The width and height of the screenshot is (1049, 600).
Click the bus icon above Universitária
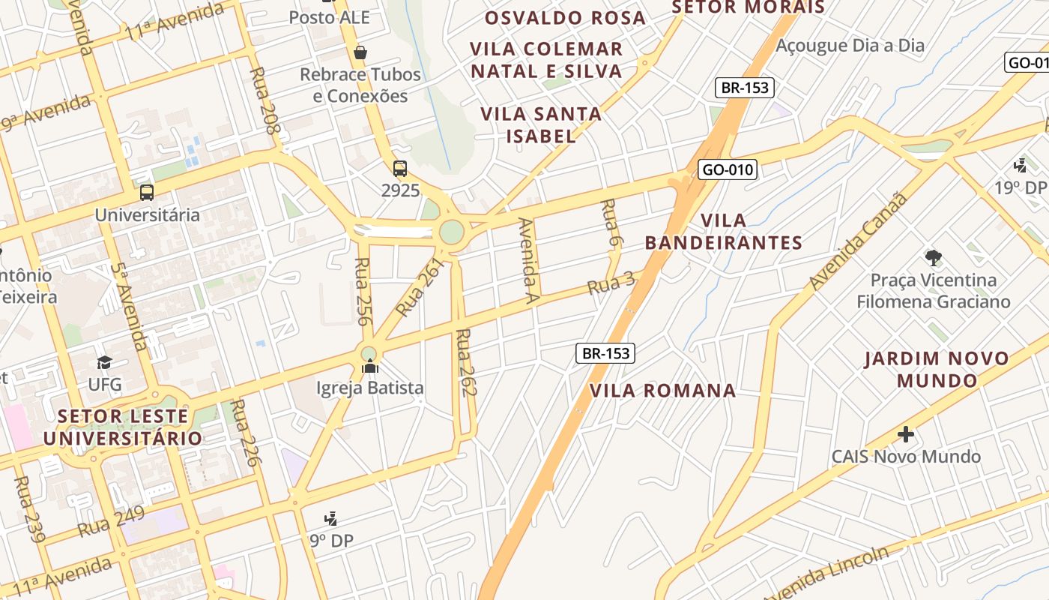coord(147,193)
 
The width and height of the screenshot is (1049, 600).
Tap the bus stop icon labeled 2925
coord(400,169)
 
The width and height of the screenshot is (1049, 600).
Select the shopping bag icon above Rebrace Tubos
coord(360,52)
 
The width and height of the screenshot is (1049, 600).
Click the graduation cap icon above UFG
coord(104,363)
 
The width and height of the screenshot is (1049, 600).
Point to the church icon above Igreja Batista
coord(370,366)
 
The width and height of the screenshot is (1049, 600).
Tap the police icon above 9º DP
coord(330,518)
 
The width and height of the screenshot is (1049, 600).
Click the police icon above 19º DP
coord(1020,165)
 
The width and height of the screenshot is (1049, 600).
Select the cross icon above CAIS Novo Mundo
coord(906,434)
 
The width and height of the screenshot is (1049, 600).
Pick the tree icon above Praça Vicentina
coord(933,258)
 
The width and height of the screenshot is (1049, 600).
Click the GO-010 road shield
coord(728,169)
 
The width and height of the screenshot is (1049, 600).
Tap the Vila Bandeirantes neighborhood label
coord(724,232)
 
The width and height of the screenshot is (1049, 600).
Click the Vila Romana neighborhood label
coord(662,391)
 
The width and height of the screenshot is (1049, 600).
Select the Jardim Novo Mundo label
coord(937,369)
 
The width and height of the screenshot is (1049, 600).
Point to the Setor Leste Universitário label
coord(123,427)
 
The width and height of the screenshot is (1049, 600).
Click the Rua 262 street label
coord(467,362)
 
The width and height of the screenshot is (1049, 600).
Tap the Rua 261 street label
coord(420,287)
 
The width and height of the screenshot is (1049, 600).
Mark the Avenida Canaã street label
coord(859,241)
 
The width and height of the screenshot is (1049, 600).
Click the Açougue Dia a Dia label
coord(850,46)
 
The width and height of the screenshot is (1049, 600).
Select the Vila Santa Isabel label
coord(541,124)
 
